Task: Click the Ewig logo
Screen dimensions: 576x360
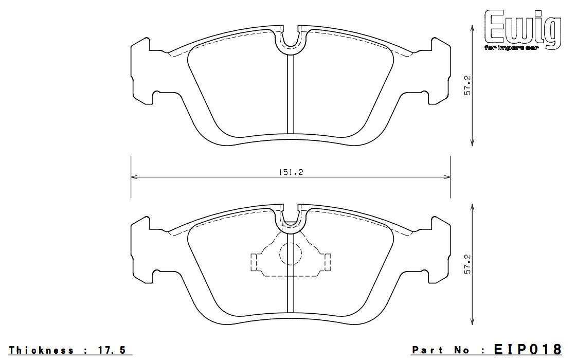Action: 523,29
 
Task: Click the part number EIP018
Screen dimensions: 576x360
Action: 528,349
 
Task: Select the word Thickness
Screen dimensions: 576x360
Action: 41,350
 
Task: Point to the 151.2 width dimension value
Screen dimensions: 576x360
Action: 290,172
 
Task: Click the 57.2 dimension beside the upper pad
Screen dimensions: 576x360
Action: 467,85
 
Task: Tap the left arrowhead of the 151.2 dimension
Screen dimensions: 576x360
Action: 134,177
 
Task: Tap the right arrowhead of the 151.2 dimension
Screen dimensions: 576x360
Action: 447,177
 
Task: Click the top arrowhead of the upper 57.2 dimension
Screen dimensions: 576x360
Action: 473,28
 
